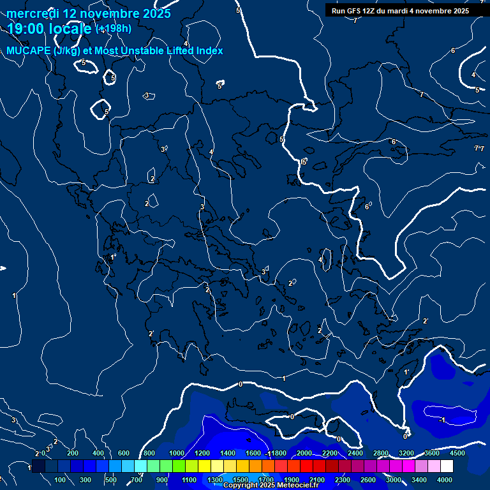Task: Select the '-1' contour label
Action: click(442, 419)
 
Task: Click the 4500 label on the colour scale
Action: click(457, 453)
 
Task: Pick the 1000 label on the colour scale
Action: click(177, 453)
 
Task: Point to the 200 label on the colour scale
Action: click(73, 453)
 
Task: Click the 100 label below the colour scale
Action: click(61, 480)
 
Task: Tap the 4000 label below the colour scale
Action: click(445, 480)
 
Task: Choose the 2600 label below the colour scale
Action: click(367, 480)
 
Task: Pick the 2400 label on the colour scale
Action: click(355, 453)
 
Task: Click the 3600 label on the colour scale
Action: click(432, 453)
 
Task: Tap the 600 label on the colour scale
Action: click(124, 453)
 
